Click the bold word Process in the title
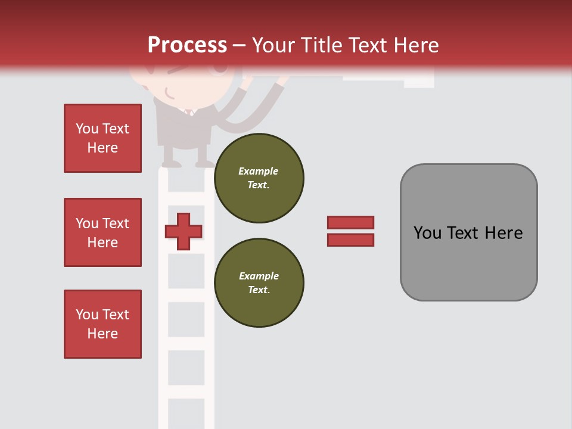pyautogui.click(x=187, y=45)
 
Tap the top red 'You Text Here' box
pyautogui.click(x=102, y=138)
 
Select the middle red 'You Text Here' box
pyautogui.click(x=102, y=232)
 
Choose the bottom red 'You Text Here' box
pyautogui.click(x=102, y=324)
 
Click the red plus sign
pyautogui.click(x=184, y=231)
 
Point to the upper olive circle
pyautogui.click(x=259, y=178)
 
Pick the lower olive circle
pyautogui.click(x=259, y=282)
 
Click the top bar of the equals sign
pyautogui.click(x=350, y=223)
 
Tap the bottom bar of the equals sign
pyautogui.click(x=350, y=240)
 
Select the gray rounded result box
pyautogui.click(x=468, y=232)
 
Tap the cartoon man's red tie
pyautogui.click(x=189, y=111)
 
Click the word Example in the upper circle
pyautogui.click(x=259, y=171)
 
